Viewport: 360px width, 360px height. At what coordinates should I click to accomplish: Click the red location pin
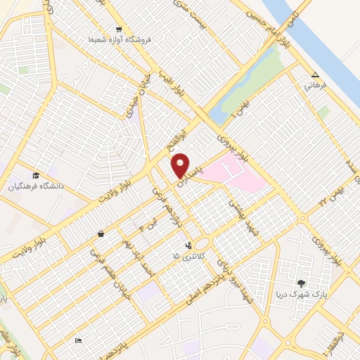tap(181, 165)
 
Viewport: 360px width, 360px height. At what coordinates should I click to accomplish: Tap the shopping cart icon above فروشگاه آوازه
tap(119, 30)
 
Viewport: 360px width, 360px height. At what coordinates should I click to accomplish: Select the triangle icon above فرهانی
tap(315, 75)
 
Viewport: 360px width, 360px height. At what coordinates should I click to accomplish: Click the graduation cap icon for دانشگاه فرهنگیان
tap(35, 176)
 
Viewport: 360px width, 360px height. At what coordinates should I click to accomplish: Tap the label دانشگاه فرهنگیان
tap(35, 187)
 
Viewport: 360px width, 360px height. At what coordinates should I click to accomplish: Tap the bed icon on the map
tap(79, 341)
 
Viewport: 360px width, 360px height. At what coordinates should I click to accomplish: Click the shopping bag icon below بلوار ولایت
tap(102, 233)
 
